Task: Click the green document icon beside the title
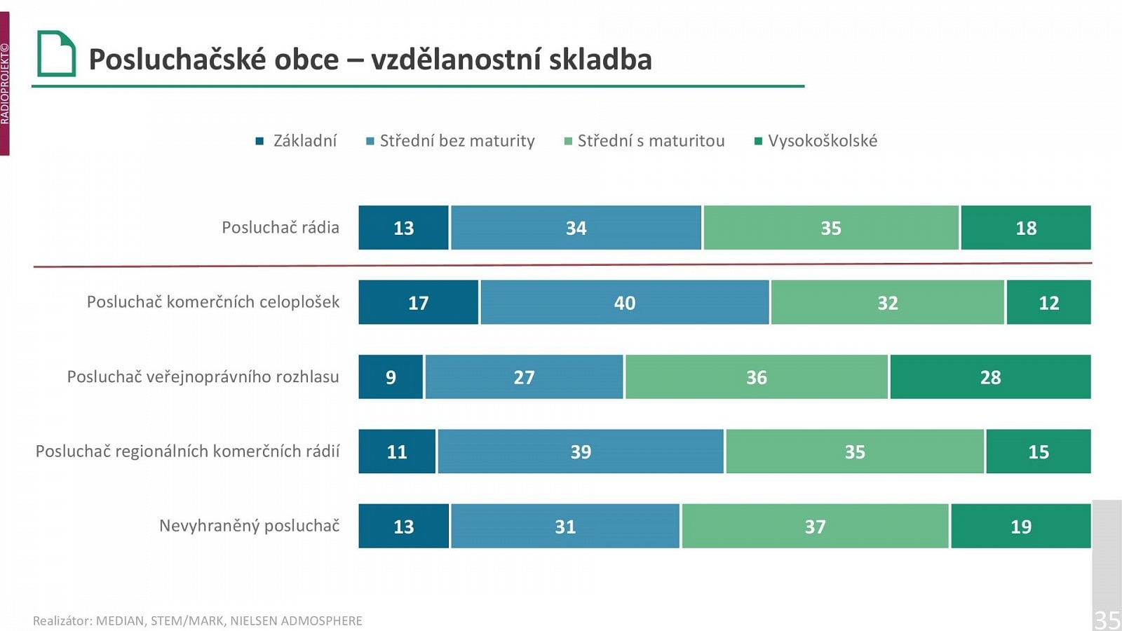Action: [56, 53]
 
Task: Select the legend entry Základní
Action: [304, 141]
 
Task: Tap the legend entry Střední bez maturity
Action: [457, 141]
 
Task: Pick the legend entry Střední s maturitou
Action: [650, 141]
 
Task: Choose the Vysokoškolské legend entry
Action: [822, 141]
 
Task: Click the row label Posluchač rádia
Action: [280, 228]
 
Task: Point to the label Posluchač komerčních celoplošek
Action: [212, 302]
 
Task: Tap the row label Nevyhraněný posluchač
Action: [249, 526]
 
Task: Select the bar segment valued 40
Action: [624, 302]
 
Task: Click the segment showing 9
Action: [391, 377]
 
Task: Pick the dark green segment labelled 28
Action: [990, 377]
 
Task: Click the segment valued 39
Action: [580, 452]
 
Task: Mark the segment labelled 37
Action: [815, 526]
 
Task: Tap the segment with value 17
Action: [418, 302]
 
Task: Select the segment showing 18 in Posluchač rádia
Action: [1025, 228]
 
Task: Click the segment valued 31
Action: [565, 526]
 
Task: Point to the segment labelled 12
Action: [1048, 302]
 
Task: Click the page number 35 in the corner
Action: [1107, 620]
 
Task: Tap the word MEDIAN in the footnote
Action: [119, 621]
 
